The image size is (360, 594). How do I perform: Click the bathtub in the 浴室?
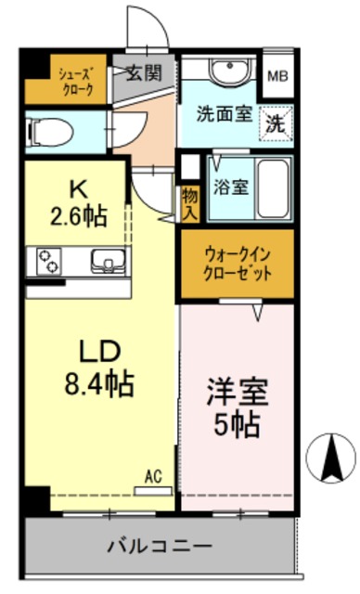click(273, 186)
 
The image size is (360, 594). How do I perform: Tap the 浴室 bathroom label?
click(231, 186)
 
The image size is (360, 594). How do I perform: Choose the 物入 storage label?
click(190, 203)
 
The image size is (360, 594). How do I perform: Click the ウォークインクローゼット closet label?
click(237, 264)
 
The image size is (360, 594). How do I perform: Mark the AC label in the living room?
click(153, 477)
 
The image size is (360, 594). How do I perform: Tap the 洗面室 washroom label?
click(224, 116)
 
